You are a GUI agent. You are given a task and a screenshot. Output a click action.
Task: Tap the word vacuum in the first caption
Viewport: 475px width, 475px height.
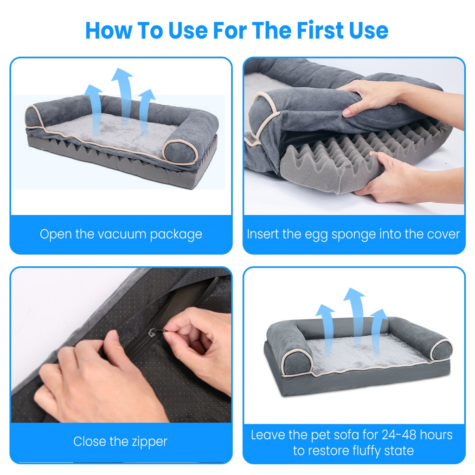pos(121,234)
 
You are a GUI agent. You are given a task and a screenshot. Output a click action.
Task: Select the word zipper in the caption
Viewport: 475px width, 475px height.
pos(146,441)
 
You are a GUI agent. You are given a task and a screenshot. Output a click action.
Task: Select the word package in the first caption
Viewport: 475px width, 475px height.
pos(177,234)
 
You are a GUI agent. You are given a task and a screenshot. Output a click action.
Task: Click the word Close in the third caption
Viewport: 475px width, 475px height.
pos(88,441)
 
